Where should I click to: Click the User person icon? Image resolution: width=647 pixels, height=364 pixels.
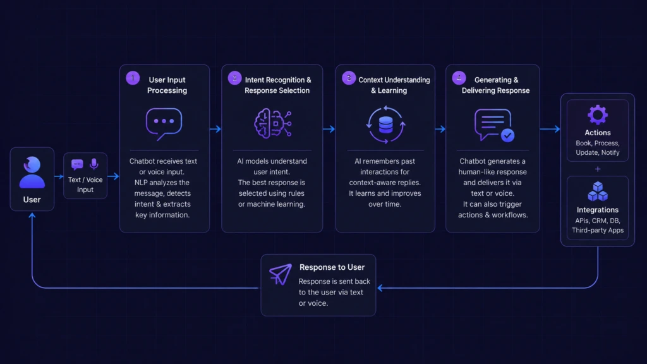point(32,172)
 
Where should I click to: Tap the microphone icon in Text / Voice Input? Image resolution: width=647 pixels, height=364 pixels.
point(94,164)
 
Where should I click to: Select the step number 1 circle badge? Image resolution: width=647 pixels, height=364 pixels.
point(133,78)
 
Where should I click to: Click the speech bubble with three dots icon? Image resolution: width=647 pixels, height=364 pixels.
point(164,124)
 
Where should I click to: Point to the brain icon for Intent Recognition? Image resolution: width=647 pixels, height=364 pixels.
point(273,123)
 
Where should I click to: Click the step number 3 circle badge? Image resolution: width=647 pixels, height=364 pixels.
point(349,78)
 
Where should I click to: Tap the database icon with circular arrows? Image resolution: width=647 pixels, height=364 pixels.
point(385,124)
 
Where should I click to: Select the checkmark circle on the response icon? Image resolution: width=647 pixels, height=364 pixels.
point(507,135)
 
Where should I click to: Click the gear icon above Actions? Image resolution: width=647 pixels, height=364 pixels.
point(598,115)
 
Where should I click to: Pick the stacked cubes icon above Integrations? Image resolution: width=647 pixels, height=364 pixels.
point(598,191)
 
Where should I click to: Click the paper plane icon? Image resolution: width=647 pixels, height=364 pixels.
point(281,274)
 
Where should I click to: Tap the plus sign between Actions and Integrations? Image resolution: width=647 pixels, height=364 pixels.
point(598,169)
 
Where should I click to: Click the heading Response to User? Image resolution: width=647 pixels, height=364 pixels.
point(332,267)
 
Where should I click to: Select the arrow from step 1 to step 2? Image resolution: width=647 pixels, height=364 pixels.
point(215,129)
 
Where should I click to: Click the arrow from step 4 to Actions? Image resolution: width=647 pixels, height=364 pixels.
point(550,129)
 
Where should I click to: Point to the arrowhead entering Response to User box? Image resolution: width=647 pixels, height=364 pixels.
point(380,288)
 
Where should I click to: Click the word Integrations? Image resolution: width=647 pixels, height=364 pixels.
point(598,210)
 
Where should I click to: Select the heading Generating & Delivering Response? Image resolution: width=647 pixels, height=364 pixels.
point(495,85)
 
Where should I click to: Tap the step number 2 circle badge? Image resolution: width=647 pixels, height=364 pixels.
point(235,78)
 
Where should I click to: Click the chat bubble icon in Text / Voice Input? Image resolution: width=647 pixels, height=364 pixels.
point(77,165)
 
